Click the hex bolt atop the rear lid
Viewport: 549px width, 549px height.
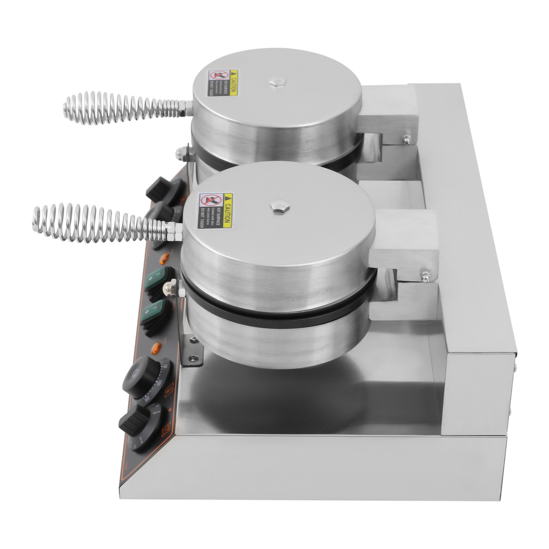pos(275,83)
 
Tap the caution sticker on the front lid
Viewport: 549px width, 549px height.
pos(215,211)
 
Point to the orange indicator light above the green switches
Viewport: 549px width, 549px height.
pos(165,256)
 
